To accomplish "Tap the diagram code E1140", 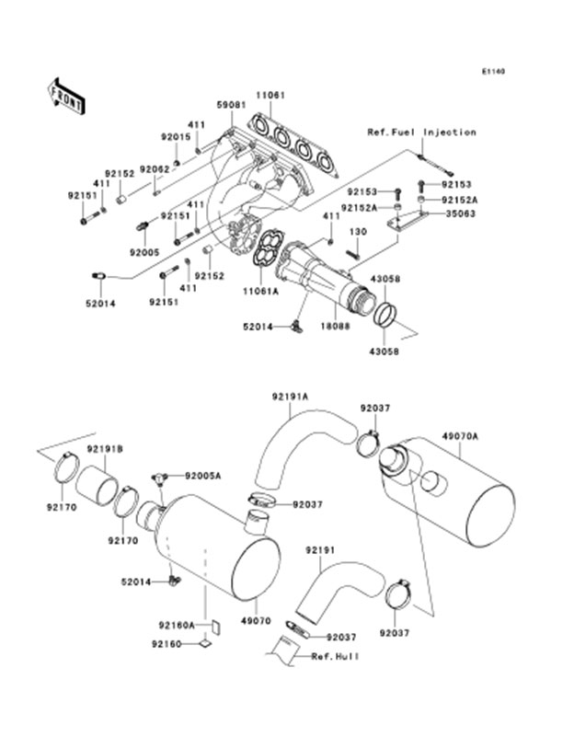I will click(493, 71).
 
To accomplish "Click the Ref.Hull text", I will click(334, 656).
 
